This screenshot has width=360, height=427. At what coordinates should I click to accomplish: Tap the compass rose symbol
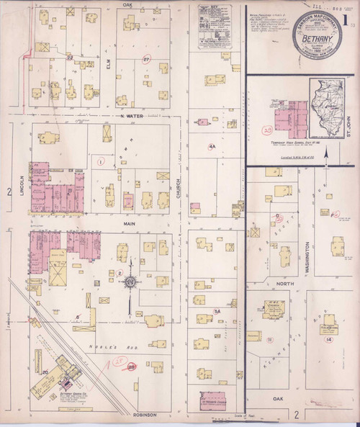pos(129,283)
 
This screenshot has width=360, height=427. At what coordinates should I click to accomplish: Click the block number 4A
pos(212,147)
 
